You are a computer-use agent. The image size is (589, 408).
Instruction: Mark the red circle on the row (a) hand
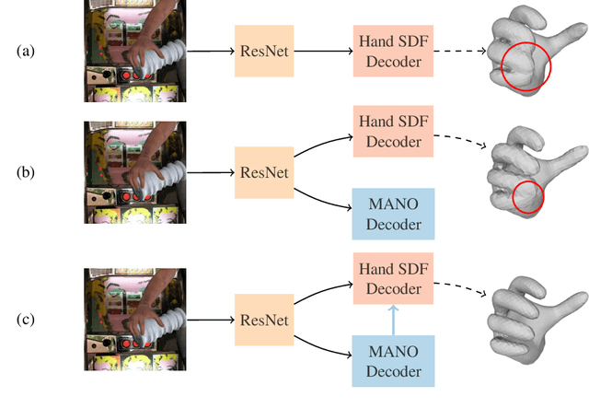(x=527, y=67)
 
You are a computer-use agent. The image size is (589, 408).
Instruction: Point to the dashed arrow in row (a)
(x=456, y=52)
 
